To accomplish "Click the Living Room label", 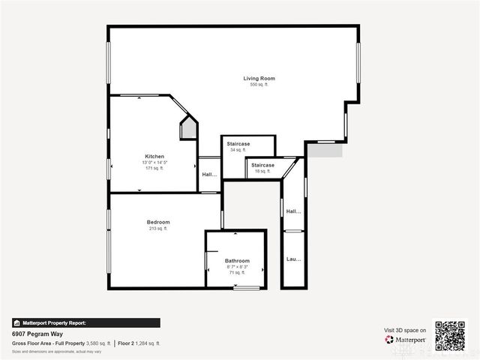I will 259,78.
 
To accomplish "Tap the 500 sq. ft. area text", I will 259,85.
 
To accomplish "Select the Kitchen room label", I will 154,156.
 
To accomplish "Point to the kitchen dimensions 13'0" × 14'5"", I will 154,162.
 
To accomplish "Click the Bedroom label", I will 158,222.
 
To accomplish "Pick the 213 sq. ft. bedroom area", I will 158,228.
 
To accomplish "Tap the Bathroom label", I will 237,260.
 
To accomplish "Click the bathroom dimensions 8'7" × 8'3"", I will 237,266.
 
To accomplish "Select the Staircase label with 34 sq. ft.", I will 238,143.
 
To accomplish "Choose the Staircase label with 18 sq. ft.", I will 262,165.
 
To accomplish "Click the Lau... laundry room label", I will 293,259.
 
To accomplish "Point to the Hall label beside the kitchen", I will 209,175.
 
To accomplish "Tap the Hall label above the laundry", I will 293,211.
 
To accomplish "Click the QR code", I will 450,335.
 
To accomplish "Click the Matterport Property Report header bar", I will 85,322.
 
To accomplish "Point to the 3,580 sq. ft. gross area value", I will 98,343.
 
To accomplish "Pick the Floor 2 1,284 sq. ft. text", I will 139,343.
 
